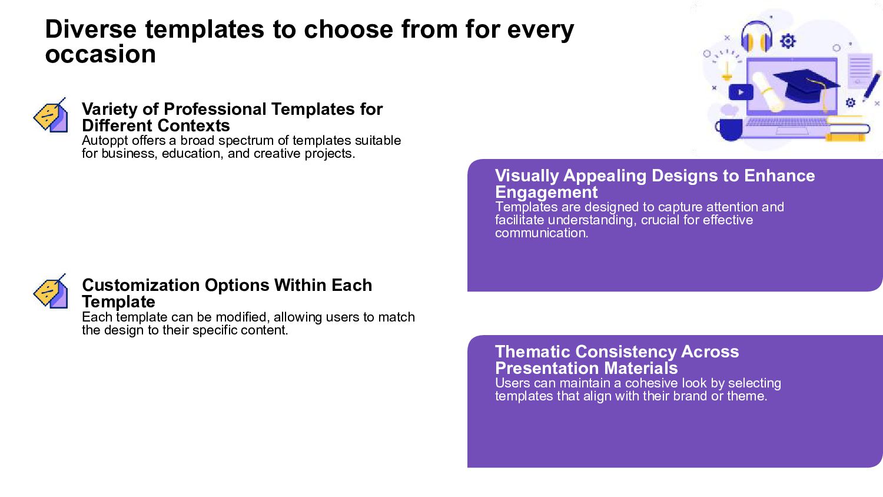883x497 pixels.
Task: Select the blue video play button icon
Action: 741,92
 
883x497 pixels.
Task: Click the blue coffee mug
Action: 729,128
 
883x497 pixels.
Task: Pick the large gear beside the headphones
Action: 788,41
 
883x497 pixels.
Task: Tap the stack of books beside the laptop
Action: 848,128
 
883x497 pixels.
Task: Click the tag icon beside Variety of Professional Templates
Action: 51,115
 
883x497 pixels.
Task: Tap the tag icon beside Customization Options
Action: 51,291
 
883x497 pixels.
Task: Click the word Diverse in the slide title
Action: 91,29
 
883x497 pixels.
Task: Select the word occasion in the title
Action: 101,54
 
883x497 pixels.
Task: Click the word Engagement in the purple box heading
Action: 546,193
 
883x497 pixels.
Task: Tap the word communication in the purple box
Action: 542,233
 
